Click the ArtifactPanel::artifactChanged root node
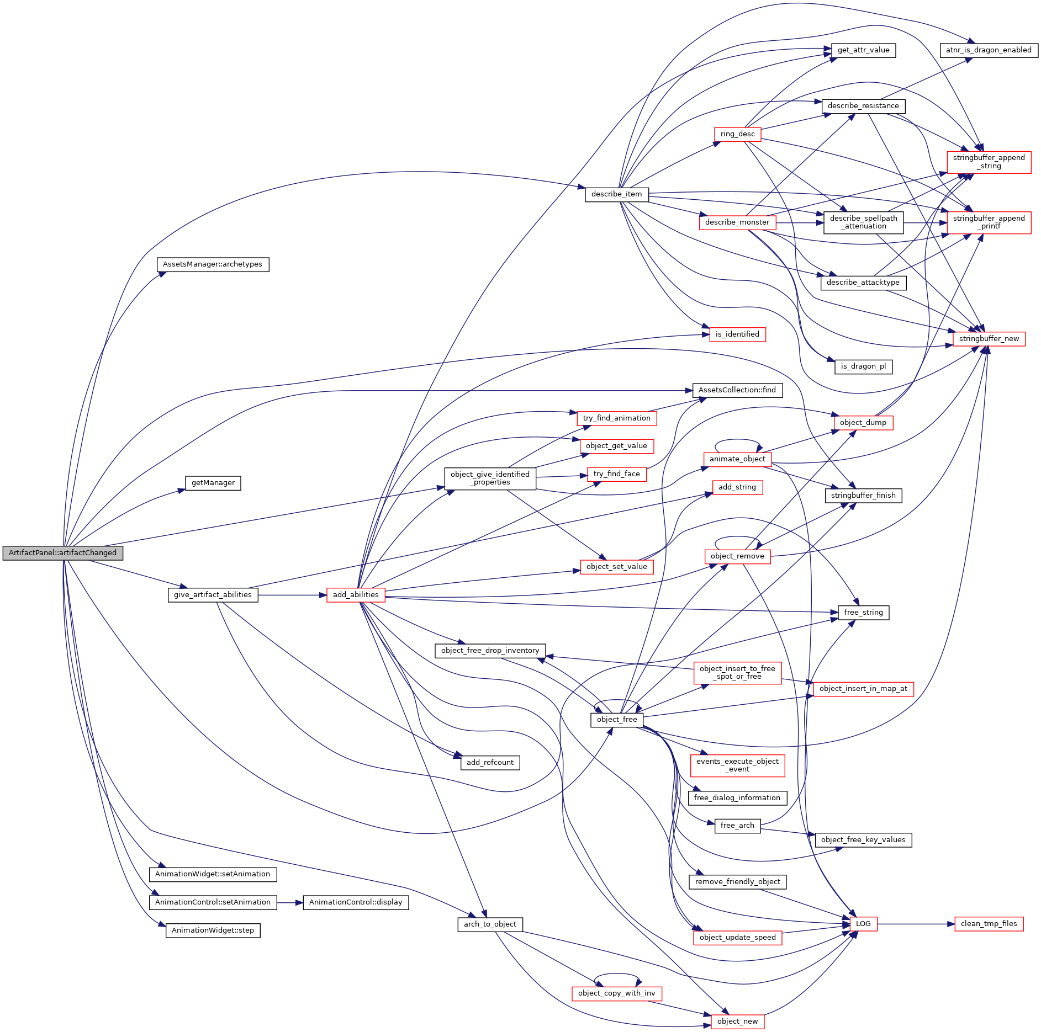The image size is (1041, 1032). pos(62,553)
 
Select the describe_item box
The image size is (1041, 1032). pos(616,194)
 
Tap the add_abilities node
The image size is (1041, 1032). pos(356,595)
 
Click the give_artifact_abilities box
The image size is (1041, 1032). pos(213,595)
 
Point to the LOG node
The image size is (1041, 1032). pos(863,924)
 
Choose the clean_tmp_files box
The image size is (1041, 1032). pos(989,924)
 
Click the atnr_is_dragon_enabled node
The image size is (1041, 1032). pos(989,50)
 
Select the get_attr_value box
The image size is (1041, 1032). pos(863,50)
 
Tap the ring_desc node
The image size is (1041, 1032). pos(737,134)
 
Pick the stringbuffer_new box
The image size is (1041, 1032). pos(989,339)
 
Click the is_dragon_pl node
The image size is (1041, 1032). pos(863,366)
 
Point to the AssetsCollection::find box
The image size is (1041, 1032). pos(737,390)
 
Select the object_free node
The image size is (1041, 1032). pos(617,720)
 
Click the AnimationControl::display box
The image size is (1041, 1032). pos(356,902)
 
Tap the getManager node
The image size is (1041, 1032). pos(213,483)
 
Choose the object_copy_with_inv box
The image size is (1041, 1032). pos(616,993)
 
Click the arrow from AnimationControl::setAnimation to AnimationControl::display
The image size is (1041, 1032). pos(290,902)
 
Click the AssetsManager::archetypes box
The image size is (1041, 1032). pos(213,264)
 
